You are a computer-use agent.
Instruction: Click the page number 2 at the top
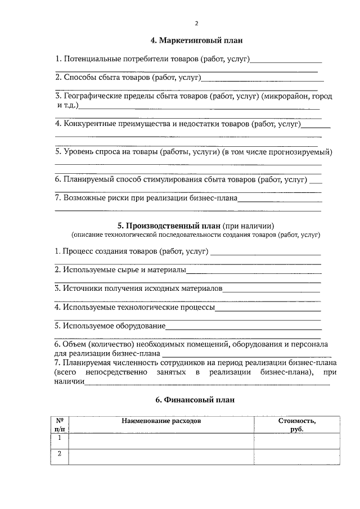pyautogui.click(x=196, y=24)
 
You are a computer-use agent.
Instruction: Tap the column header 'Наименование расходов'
pyautogui.click(x=160, y=421)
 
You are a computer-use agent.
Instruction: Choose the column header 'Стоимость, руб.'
pyautogui.click(x=297, y=425)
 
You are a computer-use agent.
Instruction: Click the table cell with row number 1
pyautogui.click(x=59, y=440)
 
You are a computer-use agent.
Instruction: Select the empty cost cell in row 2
pyautogui.click(x=297, y=457)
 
